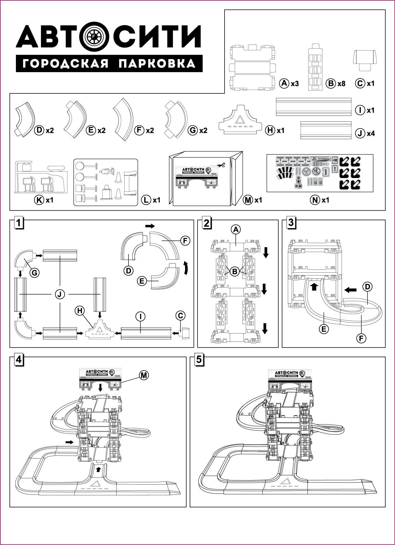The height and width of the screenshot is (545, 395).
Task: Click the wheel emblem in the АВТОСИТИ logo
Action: click(94, 37)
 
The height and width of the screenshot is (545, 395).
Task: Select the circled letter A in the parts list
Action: click(284, 83)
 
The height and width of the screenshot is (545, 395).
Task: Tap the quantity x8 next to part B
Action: click(341, 84)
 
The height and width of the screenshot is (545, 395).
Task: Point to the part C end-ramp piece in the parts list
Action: click(364, 59)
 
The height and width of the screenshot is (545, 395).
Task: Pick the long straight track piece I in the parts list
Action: click(314, 107)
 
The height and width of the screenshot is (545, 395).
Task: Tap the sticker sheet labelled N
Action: click(320, 173)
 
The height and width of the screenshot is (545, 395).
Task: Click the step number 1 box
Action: click(19, 223)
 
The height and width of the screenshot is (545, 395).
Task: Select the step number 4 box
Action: click(19, 359)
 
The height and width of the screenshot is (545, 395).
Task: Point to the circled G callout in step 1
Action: click(34, 272)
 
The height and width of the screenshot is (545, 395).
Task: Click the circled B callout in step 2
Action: click(235, 272)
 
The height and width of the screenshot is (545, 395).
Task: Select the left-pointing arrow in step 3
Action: click(351, 290)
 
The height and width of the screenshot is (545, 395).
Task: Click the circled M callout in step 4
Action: click(144, 375)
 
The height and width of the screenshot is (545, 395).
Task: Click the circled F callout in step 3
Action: click(361, 338)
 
